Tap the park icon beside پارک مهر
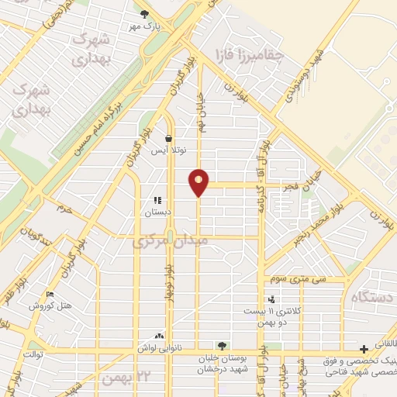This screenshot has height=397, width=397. click(143, 13)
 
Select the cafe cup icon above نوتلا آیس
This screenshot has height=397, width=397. click(168, 138)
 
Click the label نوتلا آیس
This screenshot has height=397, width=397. click(168, 150)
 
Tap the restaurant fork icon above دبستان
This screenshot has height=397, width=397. click(159, 200)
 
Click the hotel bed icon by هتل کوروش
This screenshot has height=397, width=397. click(50, 295)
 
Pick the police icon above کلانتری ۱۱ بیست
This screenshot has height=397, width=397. click(271, 299)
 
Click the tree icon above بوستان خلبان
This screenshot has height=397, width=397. click(222, 346)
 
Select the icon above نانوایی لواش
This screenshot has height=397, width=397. click(159, 337)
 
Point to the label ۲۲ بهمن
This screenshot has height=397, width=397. click(124, 378)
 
